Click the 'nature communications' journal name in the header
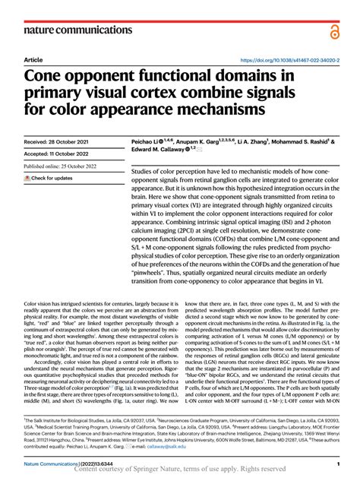pos(74,30)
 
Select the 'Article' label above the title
pos(33,59)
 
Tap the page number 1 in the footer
pos(336,463)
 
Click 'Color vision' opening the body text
pos(43,302)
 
